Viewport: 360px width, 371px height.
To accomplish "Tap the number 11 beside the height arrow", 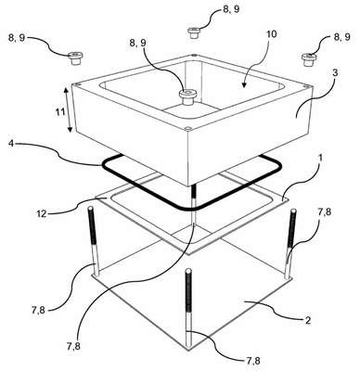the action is (60, 111).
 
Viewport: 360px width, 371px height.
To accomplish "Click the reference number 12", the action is (41, 213).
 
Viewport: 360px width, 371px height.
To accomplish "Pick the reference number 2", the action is (307, 321).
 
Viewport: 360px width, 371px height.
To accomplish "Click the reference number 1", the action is (321, 158).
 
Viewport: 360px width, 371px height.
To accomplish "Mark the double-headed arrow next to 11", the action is (68, 109).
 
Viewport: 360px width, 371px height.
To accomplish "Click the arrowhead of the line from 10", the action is (244, 84).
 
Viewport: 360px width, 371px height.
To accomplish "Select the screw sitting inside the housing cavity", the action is (187, 96).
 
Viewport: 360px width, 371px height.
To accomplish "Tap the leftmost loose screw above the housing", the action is (75, 58).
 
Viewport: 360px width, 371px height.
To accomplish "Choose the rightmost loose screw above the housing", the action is (309, 59).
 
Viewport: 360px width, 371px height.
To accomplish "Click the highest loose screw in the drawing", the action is (194, 32).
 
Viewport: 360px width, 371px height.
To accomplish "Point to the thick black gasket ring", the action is (192, 183).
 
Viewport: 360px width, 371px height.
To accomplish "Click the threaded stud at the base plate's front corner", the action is (188, 309).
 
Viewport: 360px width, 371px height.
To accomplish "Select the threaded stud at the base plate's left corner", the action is (94, 240).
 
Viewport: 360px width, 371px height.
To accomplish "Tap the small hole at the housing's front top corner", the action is (187, 128).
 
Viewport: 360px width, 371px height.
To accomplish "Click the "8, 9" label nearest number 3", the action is (341, 37).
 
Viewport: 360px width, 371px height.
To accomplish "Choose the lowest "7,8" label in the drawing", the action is (252, 361).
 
